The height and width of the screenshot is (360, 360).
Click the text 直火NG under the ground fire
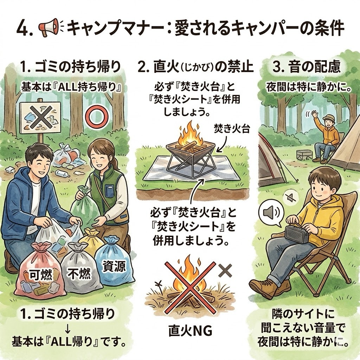(190, 331)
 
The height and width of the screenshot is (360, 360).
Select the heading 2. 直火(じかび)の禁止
(195, 67)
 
